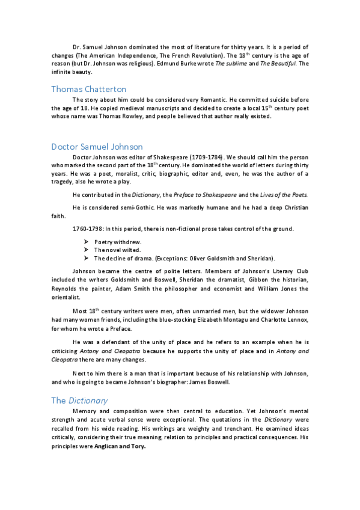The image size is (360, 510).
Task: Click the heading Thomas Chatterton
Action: (89, 89)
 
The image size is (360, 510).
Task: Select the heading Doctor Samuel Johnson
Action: (97, 146)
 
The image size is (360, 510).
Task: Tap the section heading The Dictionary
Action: (79, 400)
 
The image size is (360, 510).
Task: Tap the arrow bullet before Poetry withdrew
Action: (87, 241)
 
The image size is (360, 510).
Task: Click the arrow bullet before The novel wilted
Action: (87, 250)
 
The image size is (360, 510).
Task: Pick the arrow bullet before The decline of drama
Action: (87, 258)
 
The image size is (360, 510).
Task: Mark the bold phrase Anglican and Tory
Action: (120, 447)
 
